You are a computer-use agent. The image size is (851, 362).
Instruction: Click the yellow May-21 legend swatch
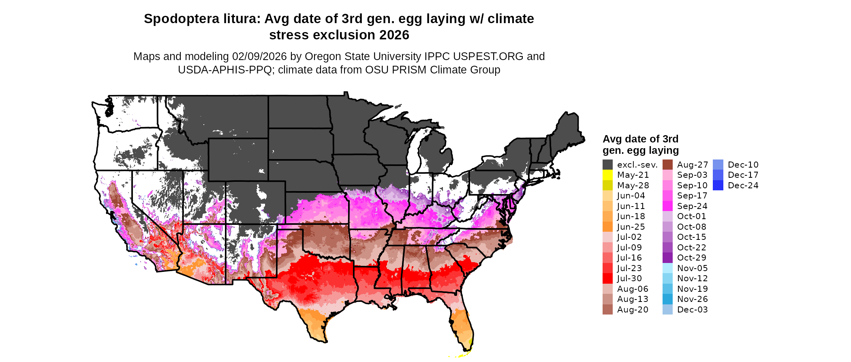click(x=607, y=175)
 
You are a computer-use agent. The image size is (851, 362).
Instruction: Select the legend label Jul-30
click(x=629, y=278)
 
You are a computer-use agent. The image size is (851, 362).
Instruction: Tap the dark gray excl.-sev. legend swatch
click(x=607, y=165)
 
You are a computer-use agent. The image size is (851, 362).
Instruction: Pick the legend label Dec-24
click(x=743, y=185)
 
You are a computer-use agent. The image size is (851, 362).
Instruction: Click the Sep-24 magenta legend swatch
click(x=667, y=206)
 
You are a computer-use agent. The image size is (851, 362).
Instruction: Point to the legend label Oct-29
click(x=691, y=258)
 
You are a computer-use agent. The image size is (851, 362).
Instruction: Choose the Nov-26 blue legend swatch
click(x=667, y=299)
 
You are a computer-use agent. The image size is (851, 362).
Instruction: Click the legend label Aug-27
click(x=692, y=165)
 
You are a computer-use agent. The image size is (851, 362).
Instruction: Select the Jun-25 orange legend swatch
click(x=607, y=227)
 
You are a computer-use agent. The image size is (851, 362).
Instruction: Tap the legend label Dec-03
click(x=692, y=310)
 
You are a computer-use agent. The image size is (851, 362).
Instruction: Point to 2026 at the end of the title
click(x=394, y=35)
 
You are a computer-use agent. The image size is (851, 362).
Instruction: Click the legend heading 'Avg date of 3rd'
click(x=640, y=139)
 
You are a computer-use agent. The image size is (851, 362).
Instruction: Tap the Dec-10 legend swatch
click(x=718, y=165)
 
